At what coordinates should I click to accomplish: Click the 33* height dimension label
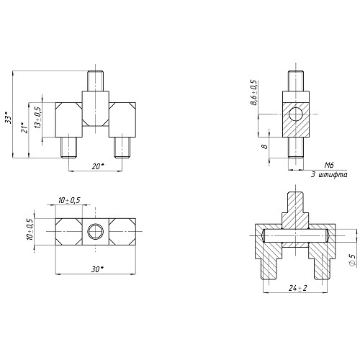(9, 117)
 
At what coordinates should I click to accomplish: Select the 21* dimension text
(24, 128)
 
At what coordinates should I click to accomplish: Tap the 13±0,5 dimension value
(38, 117)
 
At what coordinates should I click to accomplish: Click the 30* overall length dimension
(97, 269)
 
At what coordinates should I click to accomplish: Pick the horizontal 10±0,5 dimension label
(69, 200)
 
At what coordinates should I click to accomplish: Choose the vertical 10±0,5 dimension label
(30, 229)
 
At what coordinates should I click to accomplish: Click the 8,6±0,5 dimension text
(253, 92)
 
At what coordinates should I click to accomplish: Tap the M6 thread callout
(329, 165)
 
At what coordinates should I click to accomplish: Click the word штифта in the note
(333, 175)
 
